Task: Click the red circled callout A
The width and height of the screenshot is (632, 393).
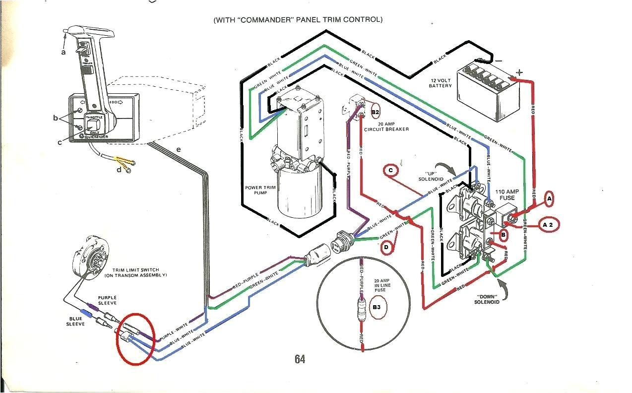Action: [x=549, y=198]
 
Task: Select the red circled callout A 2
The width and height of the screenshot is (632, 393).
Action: [x=548, y=225]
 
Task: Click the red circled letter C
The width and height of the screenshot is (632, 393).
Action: [x=391, y=171]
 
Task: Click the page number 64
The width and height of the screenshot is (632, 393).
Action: [x=299, y=359]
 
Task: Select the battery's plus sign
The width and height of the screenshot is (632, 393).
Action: [x=519, y=72]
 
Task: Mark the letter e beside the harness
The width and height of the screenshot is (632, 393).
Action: [x=178, y=149]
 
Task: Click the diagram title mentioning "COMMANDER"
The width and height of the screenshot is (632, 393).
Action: [x=298, y=20]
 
